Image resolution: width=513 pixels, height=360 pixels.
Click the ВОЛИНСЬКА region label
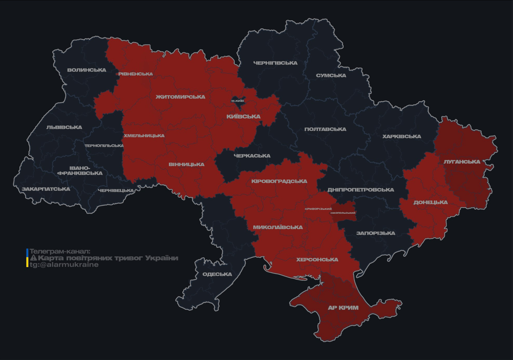(86, 70)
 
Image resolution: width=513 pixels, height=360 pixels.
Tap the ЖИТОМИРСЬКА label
(181, 97)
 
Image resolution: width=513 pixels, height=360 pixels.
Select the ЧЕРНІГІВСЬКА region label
(275, 63)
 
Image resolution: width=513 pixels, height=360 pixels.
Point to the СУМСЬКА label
(331, 75)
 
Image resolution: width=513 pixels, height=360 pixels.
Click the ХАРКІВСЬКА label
(401, 136)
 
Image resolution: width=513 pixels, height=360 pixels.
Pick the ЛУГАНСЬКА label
(462, 162)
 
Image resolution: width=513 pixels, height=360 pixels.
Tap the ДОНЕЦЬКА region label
(430, 202)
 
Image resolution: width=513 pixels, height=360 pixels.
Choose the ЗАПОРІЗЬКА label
(376, 233)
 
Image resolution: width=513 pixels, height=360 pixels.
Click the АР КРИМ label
(343, 308)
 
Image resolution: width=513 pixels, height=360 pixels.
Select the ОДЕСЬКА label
(217, 274)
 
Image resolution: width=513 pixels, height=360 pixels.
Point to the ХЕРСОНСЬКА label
(317, 259)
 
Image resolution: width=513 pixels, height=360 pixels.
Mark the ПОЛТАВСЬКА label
(325, 129)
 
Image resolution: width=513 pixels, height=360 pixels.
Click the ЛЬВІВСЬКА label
(64, 127)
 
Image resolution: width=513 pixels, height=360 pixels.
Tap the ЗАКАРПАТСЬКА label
(46, 189)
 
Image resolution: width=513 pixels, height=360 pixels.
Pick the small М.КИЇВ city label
(238, 101)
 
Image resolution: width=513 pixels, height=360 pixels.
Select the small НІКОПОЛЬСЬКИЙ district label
(343, 213)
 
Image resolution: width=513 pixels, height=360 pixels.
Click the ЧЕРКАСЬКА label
(252, 156)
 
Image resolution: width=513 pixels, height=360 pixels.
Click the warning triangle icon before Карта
(33, 258)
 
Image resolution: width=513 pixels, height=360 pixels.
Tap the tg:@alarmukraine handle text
(64, 265)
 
